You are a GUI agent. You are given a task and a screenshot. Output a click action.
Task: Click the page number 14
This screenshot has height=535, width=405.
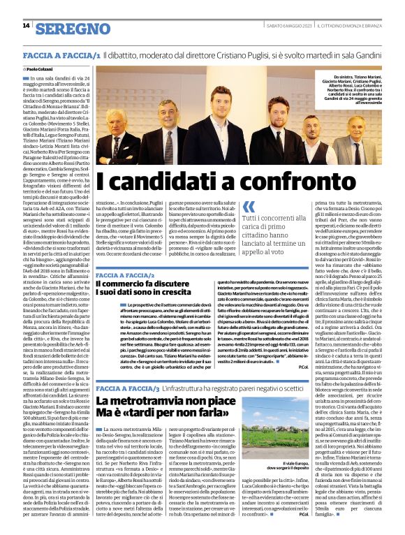tap(26, 26)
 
